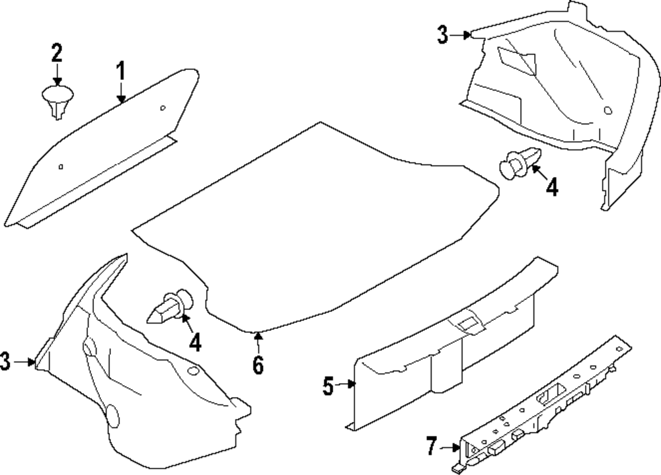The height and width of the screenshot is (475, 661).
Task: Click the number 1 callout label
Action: pos(121,70)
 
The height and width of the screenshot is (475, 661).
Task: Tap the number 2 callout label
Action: pos(57,52)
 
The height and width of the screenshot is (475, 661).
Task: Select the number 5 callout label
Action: pos(329,386)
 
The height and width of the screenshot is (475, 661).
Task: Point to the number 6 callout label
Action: pos(257,363)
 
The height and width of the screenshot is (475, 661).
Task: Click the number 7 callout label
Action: pos(432,447)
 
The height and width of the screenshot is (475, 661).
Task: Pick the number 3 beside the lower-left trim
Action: pos(5,361)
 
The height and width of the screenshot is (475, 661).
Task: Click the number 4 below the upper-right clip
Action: pos(551,187)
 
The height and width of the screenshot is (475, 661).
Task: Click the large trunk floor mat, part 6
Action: pos(317,225)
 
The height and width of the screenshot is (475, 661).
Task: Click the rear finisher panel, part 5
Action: pos(436,357)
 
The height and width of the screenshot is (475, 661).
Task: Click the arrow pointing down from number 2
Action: pos(58,74)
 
